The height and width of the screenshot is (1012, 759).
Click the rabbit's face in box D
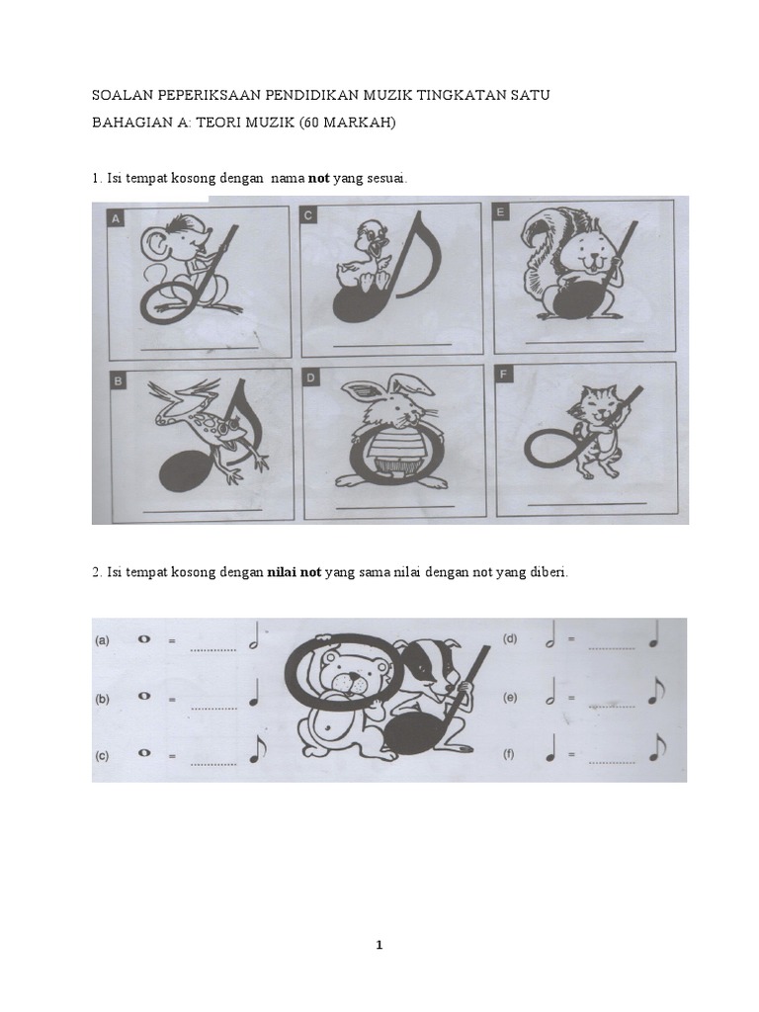pyautogui.click(x=387, y=409)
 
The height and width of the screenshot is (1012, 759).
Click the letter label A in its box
pyautogui.click(x=117, y=219)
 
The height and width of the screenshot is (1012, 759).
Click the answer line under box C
pyautogui.click(x=392, y=346)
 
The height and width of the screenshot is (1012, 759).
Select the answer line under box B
pyautogui.click(x=202, y=511)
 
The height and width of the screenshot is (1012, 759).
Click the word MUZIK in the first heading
pyautogui.click(x=388, y=95)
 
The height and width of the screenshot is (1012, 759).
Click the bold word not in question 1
pyautogui.click(x=319, y=178)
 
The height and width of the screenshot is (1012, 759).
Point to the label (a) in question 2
pyautogui.click(x=102, y=640)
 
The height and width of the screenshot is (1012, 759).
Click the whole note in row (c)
pyautogui.click(x=144, y=752)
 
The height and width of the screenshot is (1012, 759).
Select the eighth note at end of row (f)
pyautogui.click(x=656, y=747)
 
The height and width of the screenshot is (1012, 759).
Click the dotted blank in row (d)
pyautogui.click(x=611, y=647)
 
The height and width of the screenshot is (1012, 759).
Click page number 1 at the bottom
pyautogui.click(x=379, y=946)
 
